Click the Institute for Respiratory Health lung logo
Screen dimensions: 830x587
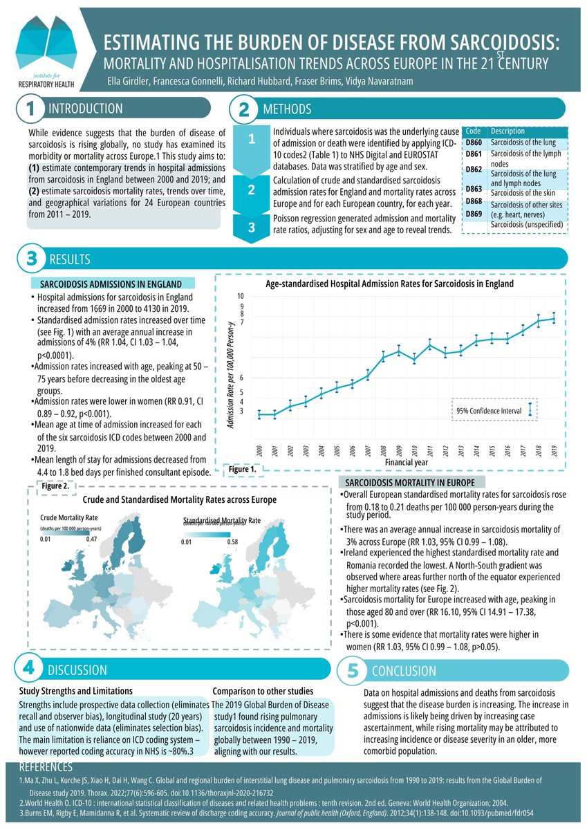point(47,47)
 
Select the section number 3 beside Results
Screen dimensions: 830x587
point(30,260)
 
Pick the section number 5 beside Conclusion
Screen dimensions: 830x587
point(353,670)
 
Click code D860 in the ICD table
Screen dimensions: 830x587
point(474,142)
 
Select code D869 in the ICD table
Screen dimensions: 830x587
point(474,214)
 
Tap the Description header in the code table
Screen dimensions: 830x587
point(507,131)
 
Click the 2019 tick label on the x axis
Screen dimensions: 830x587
point(553,450)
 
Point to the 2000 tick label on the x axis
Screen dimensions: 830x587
point(259,450)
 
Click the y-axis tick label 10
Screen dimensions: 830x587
point(241,296)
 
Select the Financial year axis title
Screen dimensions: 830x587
point(407,461)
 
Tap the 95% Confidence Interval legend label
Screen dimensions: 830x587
point(489,410)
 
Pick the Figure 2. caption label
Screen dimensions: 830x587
point(55,486)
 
